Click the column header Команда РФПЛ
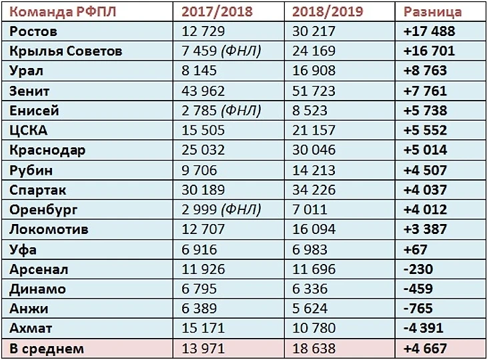pos(60,12)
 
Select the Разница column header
pos(433,12)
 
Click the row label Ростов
pos(34,31)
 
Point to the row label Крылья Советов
pos(66,51)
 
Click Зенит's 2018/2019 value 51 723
pos(314,91)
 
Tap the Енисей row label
pos(35,111)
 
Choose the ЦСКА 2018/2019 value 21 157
pos(314,130)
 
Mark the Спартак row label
pos(39,190)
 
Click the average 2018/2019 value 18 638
pos(314,349)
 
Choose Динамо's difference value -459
pos(418,289)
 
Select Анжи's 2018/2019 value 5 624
pos(310,309)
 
